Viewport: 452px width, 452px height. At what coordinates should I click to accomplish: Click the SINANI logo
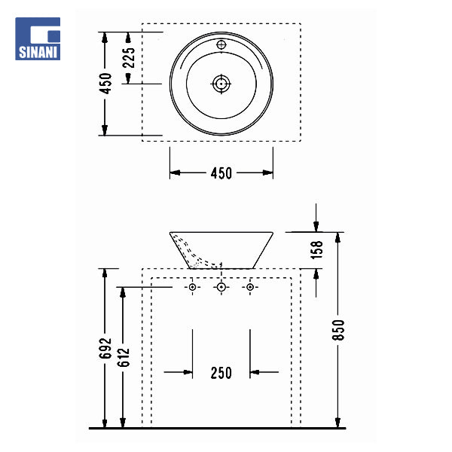coord(38,38)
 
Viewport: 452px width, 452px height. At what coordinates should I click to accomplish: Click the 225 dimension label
coord(129,58)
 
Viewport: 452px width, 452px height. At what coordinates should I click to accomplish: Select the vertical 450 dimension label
coord(105,84)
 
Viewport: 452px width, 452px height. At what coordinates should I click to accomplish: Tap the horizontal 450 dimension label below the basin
coord(221,173)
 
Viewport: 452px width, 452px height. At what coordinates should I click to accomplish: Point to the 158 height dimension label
coord(317,250)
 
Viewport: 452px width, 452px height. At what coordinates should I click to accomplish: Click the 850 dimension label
coord(338,330)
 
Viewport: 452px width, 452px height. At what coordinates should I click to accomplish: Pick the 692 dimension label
coord(105,348)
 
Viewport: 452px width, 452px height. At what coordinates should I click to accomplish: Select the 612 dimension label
coord(124,357)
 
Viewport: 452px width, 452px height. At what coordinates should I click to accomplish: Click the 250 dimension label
coord(221,373)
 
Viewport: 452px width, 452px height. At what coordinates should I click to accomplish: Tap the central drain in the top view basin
coord(221,84)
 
